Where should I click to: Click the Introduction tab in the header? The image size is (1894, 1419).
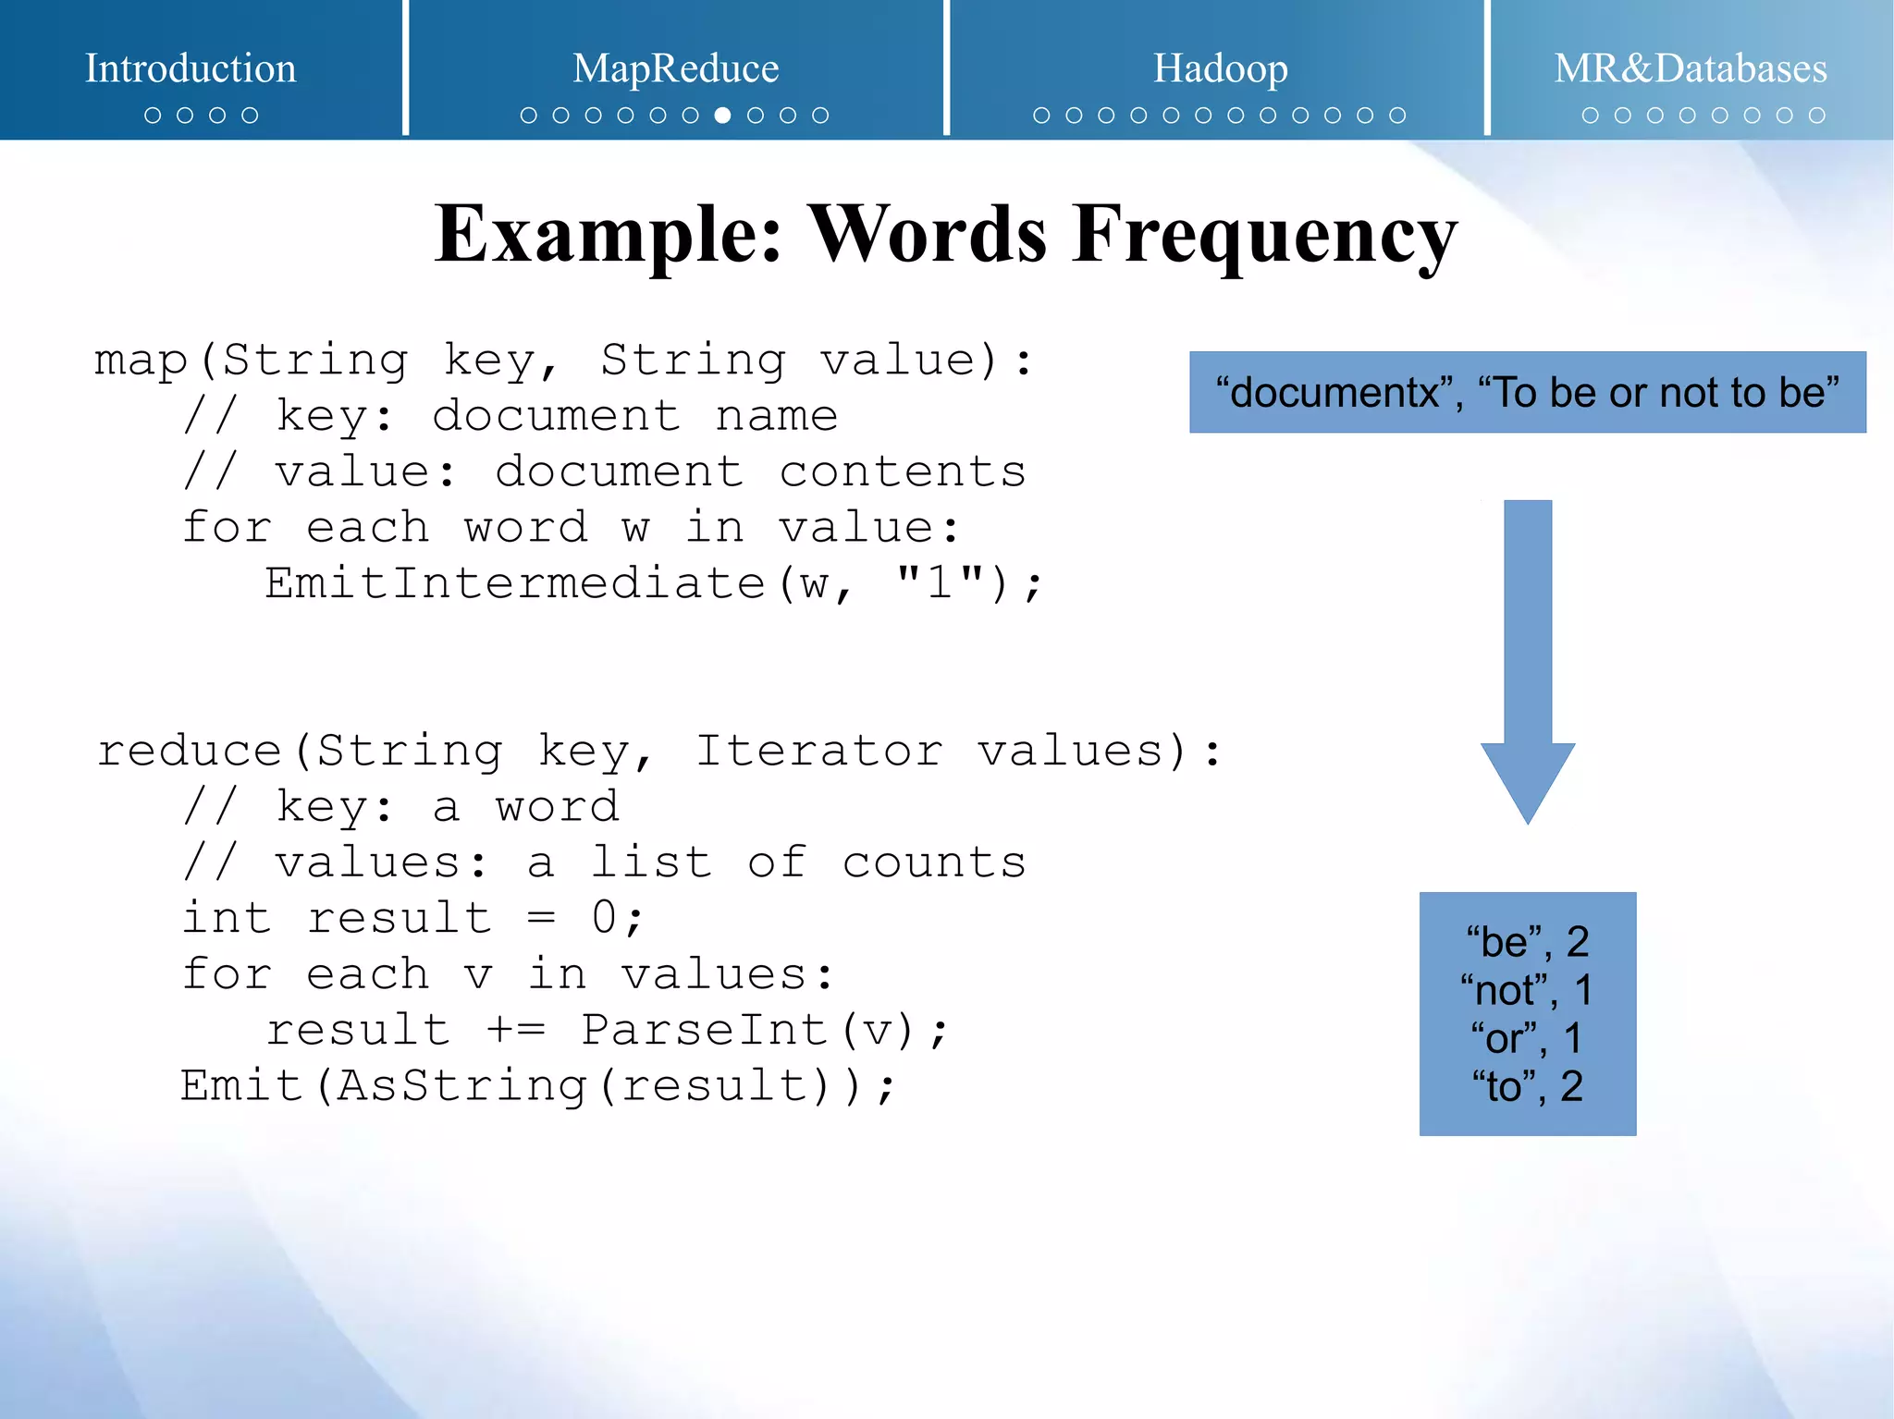[x=191, y=68]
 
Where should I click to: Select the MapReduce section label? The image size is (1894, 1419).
[x=675, y=68]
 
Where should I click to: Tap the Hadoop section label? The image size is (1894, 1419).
[x=1220, y=68]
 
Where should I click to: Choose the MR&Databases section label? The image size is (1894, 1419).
[x=1690, y=68]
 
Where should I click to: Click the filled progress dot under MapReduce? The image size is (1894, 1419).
[x=723, y=116]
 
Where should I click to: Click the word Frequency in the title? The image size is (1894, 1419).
[x=1264, y=235]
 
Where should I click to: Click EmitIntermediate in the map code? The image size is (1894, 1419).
[x=514, y=584]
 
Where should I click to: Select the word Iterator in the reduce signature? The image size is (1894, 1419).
[x=818, y=751]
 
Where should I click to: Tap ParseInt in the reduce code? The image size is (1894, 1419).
[x=704, y=1030]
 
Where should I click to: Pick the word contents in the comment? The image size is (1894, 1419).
[x=902, y=472]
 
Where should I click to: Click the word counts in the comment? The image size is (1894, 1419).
[x=933, y=863]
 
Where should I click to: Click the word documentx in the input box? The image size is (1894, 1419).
[x=1334, y=393]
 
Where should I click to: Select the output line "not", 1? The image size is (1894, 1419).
[x=1527, y=990]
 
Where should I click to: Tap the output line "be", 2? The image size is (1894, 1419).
[x=1527, y=942]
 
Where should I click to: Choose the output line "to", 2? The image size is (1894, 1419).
[x=1527, y=1086]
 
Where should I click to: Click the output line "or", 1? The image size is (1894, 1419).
[x=1527, y=1038]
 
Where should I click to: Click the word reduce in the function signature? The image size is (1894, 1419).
[x=190, y=751]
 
